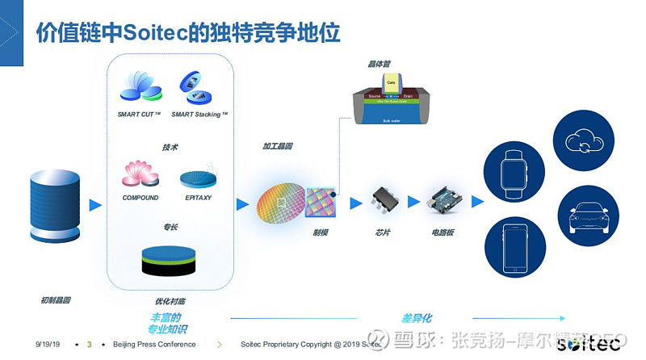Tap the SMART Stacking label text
coord(199,115)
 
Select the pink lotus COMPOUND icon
coord(140,173)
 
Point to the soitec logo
coord(589,342)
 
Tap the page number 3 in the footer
coord(89,345)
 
